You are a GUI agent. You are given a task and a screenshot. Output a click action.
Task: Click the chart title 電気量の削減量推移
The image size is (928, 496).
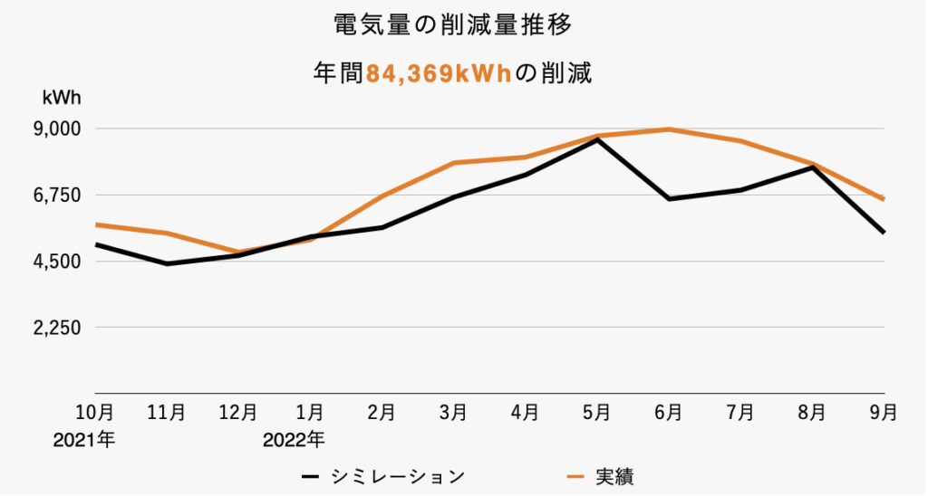pos(452,25)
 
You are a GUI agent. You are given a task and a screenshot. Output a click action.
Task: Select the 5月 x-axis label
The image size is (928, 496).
pos(596,413)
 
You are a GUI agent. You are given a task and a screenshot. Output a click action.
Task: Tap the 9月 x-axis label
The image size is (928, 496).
pos(883,413)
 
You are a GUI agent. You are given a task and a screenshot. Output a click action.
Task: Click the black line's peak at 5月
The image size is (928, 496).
pos(596,139)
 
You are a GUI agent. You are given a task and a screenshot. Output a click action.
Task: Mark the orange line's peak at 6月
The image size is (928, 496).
pos(669,129)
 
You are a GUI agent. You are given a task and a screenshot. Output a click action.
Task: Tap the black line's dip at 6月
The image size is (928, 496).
pos(669,198)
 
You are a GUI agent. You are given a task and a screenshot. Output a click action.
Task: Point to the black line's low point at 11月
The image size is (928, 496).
pos(167,263)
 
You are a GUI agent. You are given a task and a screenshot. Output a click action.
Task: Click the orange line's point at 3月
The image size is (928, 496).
pos(453,163)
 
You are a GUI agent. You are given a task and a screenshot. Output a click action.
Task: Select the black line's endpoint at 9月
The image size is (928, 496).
pos(883,233)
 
